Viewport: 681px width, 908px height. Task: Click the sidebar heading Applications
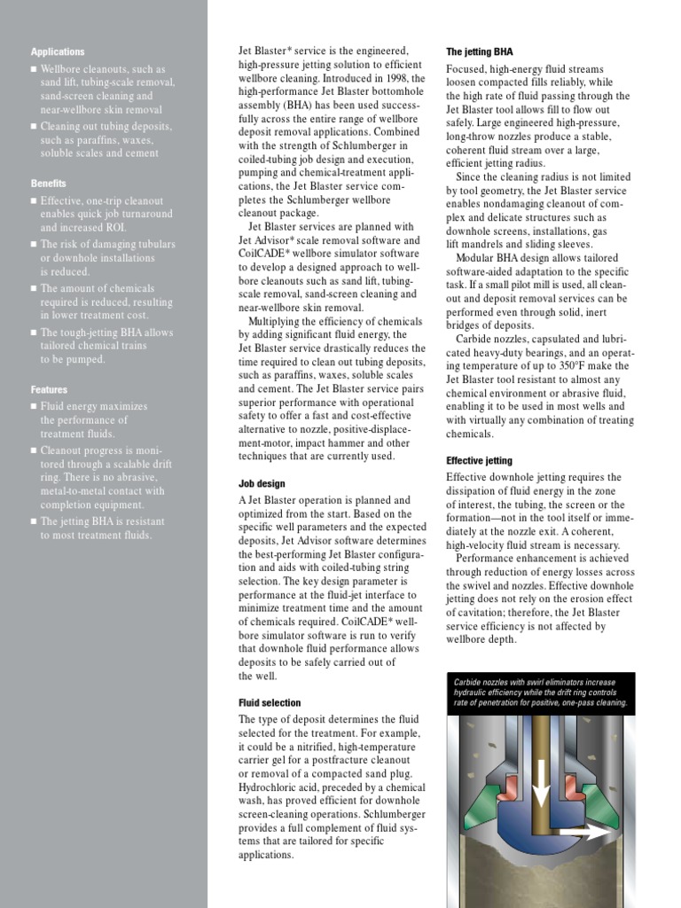[x=58, y=52]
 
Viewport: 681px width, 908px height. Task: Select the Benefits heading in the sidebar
[x=49, y=184]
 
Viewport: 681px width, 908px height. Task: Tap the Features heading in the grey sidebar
[x=49, y=389]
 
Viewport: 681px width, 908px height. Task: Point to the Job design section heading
[x=262, y=483]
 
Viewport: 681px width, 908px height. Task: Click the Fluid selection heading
[x=270, y=703]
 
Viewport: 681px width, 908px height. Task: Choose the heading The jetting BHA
[x=479, y=52]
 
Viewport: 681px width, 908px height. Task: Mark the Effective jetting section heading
[x=479, y=461]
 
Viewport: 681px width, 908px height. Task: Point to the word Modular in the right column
[x=478, y=258]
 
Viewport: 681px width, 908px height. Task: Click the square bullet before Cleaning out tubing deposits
[x=34, y=127]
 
